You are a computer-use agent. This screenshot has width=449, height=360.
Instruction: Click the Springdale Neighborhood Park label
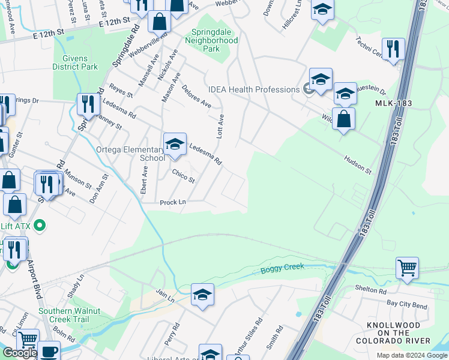pyautogui.click(x=215, y=40)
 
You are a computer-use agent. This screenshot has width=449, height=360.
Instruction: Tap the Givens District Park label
pyautogui.click(x=76, y=62)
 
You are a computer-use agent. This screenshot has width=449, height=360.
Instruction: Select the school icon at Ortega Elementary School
pyautogui.click(x=175, y=145)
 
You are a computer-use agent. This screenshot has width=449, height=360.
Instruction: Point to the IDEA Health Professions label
pyautogui.click(x=253, y=89)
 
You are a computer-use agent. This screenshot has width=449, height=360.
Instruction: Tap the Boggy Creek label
pyautogui.click(x=282, y=268)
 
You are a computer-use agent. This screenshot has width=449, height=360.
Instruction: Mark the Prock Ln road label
pyautogui.click(x=172, y=203)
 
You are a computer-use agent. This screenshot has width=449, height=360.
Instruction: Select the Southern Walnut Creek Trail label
pyautogui.click(x=70, y=315)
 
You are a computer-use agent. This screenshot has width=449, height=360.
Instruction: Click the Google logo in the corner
pyautogui.click(x=19, y=353)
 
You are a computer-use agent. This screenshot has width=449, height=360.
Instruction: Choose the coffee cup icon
pyautogui.click(x=49, y=352)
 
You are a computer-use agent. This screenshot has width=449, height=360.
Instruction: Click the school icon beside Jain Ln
pyautogui.click(x=203, y=295)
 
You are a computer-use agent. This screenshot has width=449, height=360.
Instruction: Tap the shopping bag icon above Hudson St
pyautogui.click(x=343, y=118)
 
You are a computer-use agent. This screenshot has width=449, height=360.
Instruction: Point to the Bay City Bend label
pyautogui.click(x=407, y=305)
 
